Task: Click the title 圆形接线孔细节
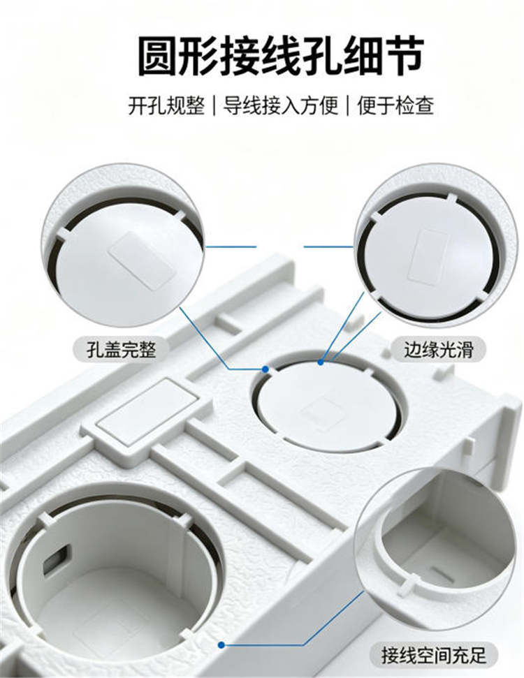click(x=280, y=57)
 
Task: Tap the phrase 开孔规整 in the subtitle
click(x=166, y=105)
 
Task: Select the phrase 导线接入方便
click(x=280, y=105)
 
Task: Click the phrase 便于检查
click(x=395, y=105)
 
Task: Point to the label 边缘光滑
click(x=438, y=349)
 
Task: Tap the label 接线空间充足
click(x=434, y=655)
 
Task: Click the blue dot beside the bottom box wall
click(x=221, y=645)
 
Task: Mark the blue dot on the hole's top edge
click(x=321, y=362)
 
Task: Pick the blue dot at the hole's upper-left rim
click(x=265, y=369)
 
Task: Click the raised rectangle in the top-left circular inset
click(x=143, y=259)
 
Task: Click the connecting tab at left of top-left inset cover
click(x=62, y=233)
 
